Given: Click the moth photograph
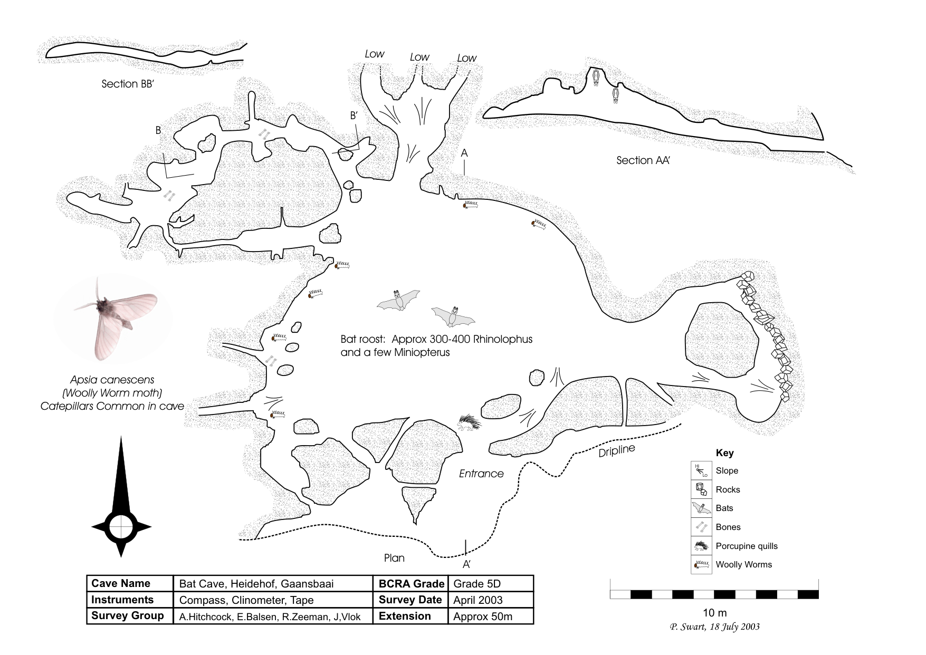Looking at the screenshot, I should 113,321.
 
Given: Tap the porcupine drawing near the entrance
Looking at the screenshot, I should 470,422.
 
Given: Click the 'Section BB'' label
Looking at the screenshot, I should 127,84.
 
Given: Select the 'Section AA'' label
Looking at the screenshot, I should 643,160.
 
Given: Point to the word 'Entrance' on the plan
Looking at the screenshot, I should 481,474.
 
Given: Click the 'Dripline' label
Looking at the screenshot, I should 617,451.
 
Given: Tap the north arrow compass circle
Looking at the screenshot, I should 121,526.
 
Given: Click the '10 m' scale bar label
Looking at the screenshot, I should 714,613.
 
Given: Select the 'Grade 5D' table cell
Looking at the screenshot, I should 476,583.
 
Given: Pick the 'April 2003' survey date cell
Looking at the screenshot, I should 478,600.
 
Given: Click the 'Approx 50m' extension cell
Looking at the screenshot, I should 482,617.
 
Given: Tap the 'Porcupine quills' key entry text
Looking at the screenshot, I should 746,546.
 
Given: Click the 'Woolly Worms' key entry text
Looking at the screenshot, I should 743,564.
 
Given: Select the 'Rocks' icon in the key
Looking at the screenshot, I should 701,489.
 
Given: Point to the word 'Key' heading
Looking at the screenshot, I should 724,453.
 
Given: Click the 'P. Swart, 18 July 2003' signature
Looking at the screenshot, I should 714,627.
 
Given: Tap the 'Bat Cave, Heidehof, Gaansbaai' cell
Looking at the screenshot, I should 256,583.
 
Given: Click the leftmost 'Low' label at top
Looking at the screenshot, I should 375,54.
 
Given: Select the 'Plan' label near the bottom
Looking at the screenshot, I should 394,558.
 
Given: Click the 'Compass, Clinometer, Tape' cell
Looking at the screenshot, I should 246,600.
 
